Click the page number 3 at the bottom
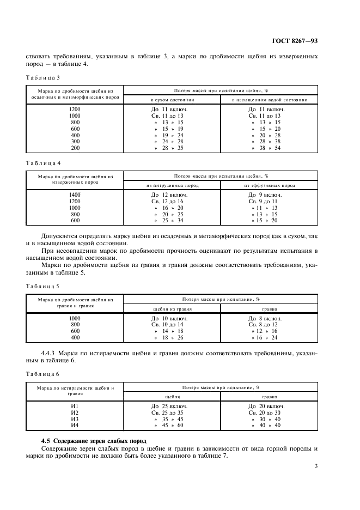316,466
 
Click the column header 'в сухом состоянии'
172,100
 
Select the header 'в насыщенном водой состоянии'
270,100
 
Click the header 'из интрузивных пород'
172,186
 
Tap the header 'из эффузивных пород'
270,186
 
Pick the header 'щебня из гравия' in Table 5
172,308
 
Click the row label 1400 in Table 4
75,195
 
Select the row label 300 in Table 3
75,141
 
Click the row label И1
75,406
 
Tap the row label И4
75,425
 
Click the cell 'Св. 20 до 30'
264,412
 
